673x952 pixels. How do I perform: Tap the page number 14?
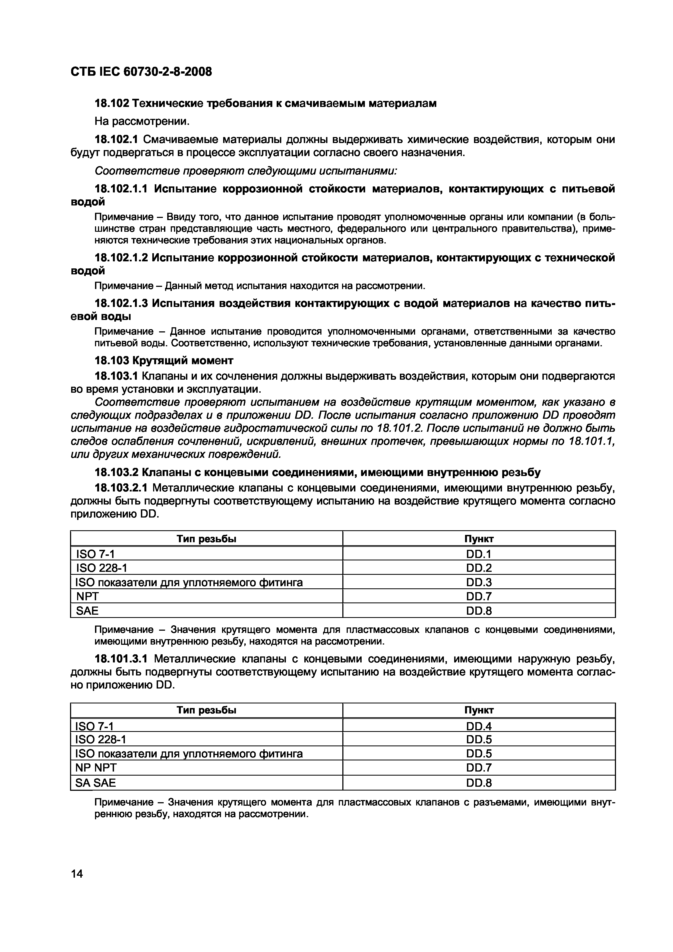pos(77,874)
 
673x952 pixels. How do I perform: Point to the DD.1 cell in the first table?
pos(479,554)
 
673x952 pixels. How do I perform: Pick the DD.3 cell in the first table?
pos(479,582)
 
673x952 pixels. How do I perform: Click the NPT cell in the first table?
pos(87,596)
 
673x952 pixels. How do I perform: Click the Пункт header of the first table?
pos(479,539)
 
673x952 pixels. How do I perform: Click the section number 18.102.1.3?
pos(121,303)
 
